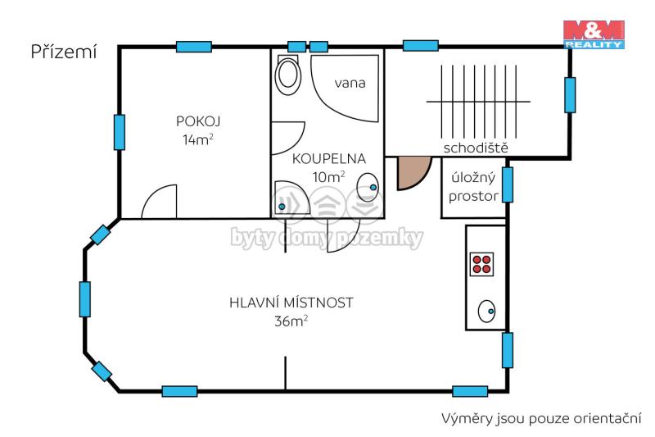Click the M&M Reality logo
pos(594,34)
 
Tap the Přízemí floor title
pos(64,52)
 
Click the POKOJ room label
pos(198,121)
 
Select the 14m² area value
pos(198,139)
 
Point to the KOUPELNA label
pos(329,158)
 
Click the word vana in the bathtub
pos(350,83)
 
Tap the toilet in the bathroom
pos(288,75)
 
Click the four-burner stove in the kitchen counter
pos(481,264)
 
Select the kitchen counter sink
pos(486,311)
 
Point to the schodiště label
pos(476,148)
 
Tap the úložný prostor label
pos(474,187)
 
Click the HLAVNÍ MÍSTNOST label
pos(291,303)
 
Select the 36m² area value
pos(291,321)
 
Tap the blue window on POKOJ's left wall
pos(120,132)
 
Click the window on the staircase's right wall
pos(570,95)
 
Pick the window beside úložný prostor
pos(508,184)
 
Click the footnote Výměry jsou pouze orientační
pos(541,418)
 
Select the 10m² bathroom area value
pos(329,176)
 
